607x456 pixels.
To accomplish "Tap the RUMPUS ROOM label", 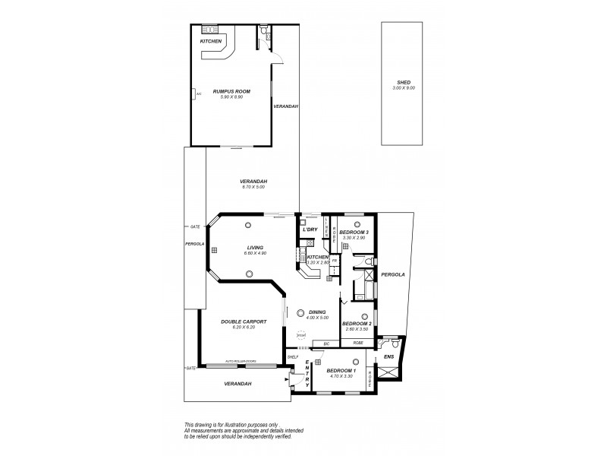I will pyautogui.click(x=232, y=91).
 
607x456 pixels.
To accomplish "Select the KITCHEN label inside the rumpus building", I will pyautogui.click(x=211, y=41).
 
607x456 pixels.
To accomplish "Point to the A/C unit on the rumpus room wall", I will pyautogui.click(x=196, y=94).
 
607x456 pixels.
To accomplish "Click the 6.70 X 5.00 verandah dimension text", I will pyautogui.click(x=253, y=186).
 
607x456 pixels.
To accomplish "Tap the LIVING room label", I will pyautogui.click(x=254, y=246).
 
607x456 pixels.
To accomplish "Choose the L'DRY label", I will pyautogui.click(x=310, y=230).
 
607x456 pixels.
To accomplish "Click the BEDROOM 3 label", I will pyautogui.click(x=354, y=232).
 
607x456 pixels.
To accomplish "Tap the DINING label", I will pyautogui.click(x=318, y=312).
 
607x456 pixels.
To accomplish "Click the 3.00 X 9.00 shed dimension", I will pyautogui.click(x=403, y=87).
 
